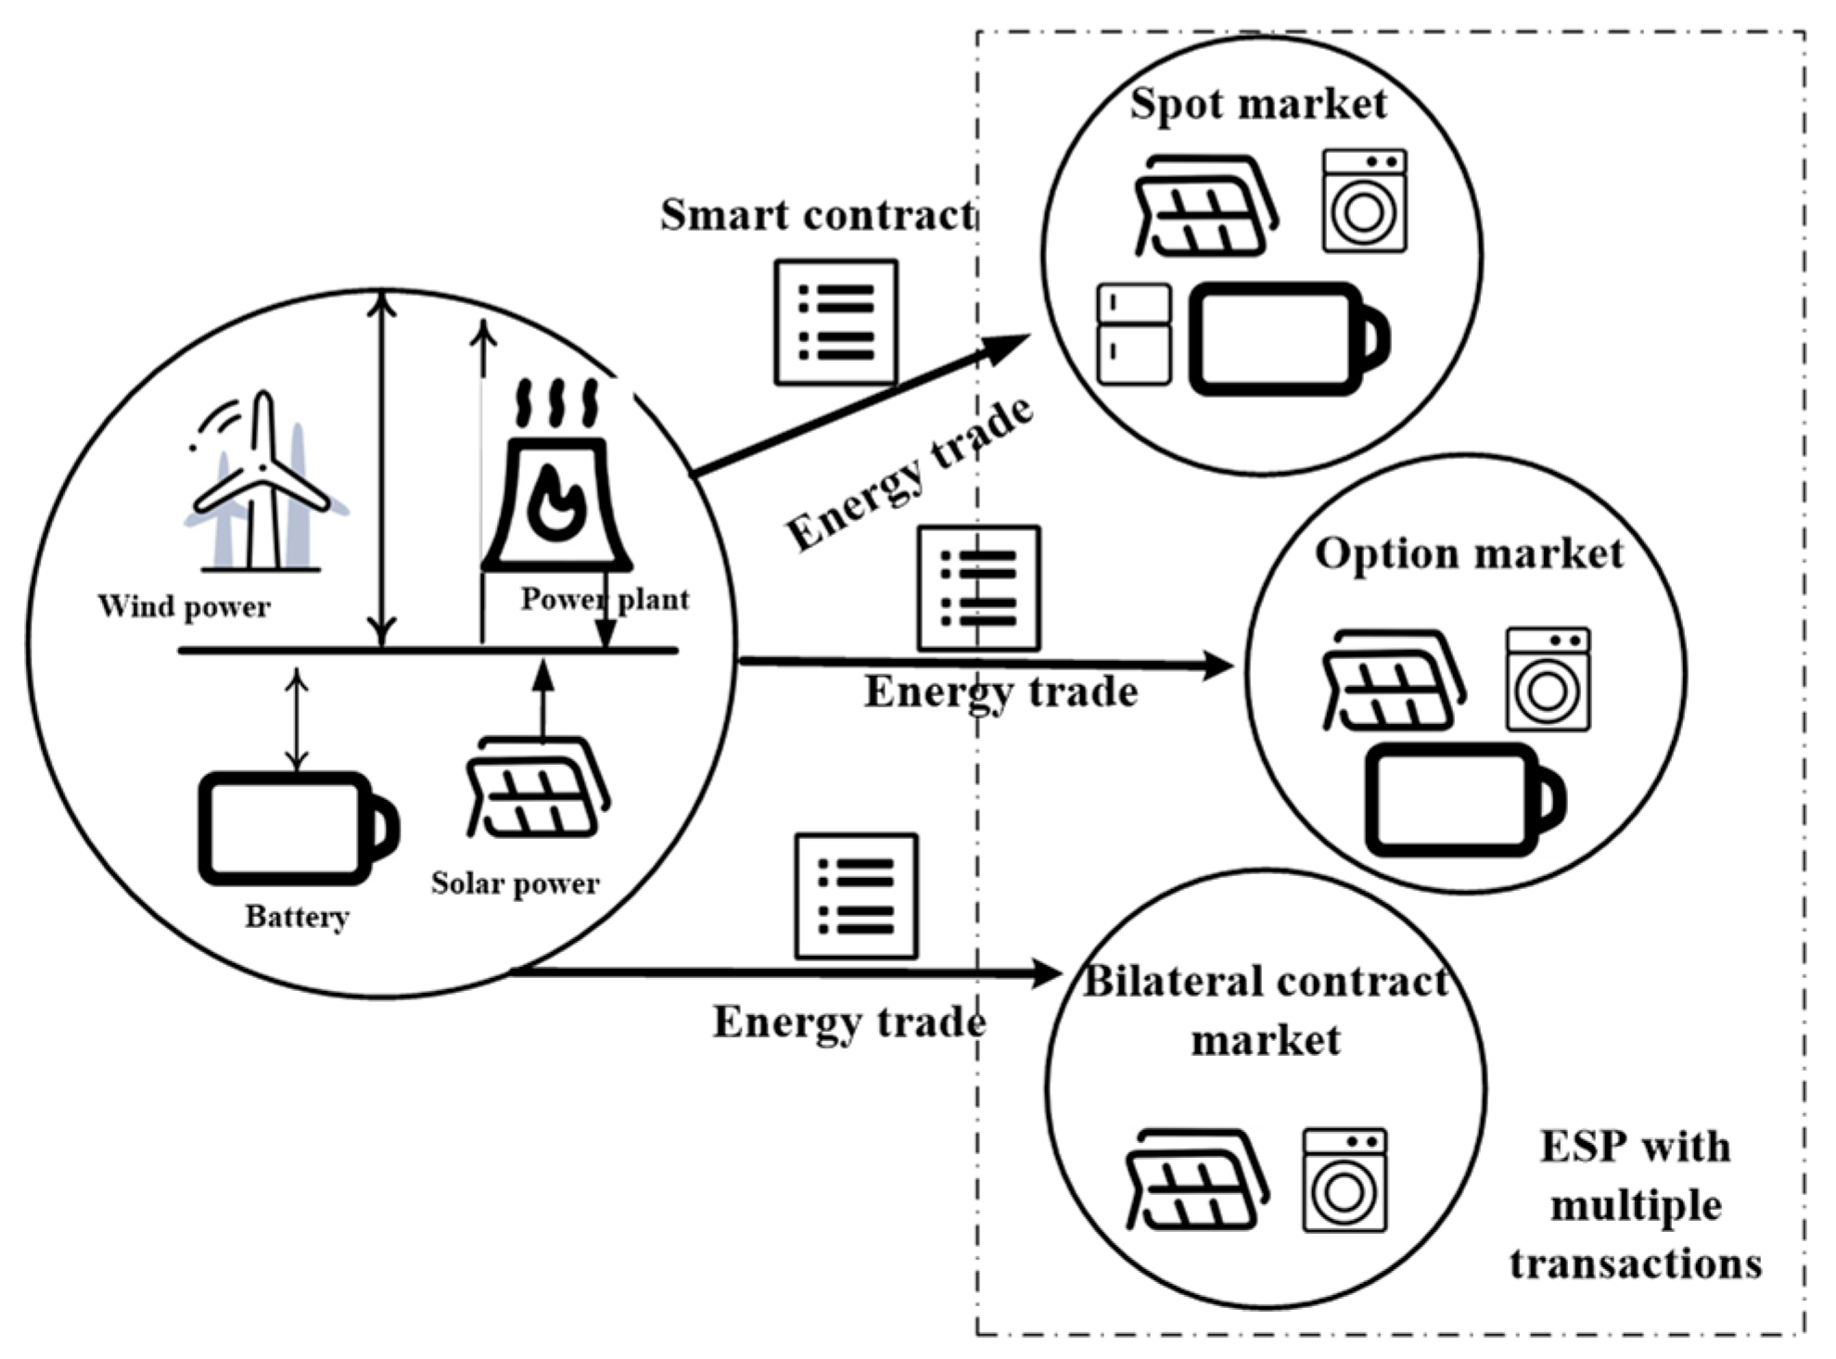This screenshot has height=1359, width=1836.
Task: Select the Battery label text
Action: click(x=297, y=917)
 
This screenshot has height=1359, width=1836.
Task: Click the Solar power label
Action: click(x=515, y=883)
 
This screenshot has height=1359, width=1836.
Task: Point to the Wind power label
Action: click(x=184, y=606)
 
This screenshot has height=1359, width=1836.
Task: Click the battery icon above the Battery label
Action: click(x=297, y=828)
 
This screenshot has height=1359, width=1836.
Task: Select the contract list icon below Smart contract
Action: click(x=835, y=323)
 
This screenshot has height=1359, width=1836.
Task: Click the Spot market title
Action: click(x=1258, y=103)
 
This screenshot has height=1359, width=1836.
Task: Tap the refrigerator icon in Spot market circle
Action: click(x=1133, y=335)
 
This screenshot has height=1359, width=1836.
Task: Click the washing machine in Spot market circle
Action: click(x=1364, y=200)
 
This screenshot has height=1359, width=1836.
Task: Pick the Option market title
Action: click(x=1469, y=553)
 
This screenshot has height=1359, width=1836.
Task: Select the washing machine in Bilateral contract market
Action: click(x=1345, y=1179)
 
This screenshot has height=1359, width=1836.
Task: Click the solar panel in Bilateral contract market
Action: click(x=1196, y=1181)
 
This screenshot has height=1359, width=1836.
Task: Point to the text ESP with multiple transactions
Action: click(x=1636, y=1205)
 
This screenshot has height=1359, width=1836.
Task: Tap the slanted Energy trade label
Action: click(x=909, y=475)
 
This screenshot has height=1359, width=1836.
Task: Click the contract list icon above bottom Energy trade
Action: click(x=856, y=896)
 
